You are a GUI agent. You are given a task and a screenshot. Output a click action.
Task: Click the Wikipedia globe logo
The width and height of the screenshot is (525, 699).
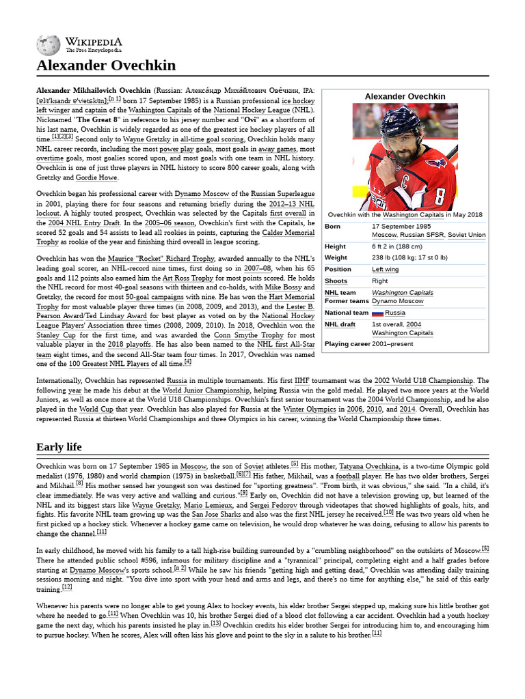click(x=48, y=44)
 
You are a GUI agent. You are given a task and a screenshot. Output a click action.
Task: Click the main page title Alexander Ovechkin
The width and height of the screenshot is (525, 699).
click(x=106, y=66)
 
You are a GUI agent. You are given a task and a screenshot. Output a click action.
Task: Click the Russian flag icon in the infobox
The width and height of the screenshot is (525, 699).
click(x=377, y=313)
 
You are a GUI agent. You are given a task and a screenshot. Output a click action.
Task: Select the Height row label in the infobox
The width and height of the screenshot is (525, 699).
click(x=335, y=246)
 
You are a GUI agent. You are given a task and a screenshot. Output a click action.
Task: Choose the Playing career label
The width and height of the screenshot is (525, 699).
click(x=347, y=344)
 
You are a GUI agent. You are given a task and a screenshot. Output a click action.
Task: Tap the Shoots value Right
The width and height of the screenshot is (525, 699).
click(x=380, y=281)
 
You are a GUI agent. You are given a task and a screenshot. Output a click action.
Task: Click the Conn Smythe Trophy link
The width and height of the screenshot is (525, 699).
click(x=259, y=335)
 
